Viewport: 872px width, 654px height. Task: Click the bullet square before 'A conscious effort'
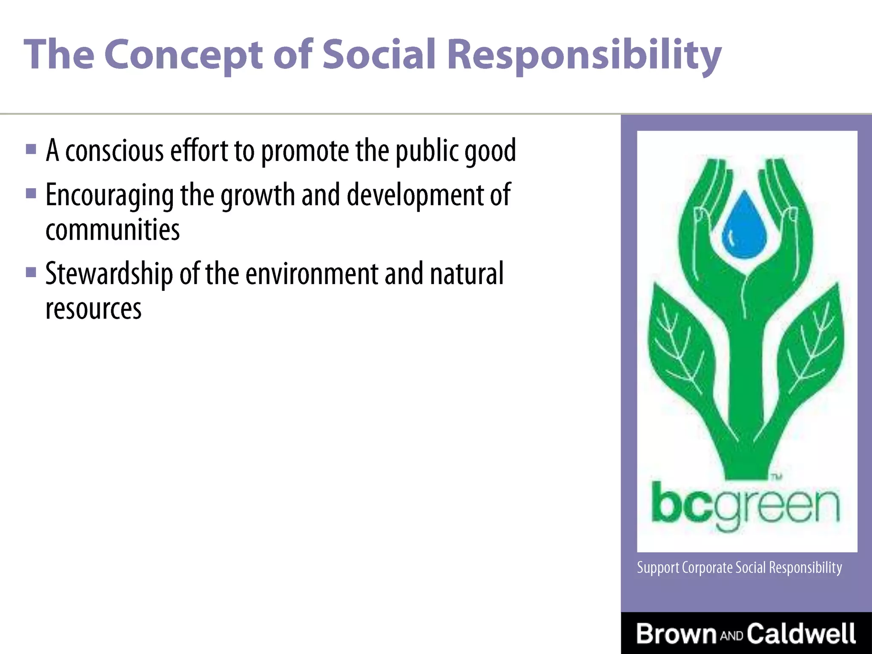[x=31, y=149]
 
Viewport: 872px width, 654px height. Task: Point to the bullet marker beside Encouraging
[x=31, y=194]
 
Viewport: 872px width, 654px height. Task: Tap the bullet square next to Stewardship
[x=31, y=272]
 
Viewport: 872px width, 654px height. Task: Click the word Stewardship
[x=109, y=274]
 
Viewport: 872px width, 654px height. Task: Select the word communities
[x=112, y=230]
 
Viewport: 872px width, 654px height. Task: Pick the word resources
[x=93, y=309]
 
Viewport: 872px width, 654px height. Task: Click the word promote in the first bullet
[x=305, y=151]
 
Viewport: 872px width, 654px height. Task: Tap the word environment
[x=312, y=274]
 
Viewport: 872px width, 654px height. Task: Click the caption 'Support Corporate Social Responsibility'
[x=739, y=568]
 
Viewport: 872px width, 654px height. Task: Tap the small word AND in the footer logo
[x=731, y=636]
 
